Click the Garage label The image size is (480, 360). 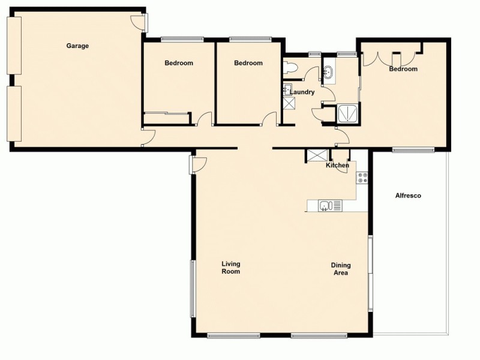(77, 46)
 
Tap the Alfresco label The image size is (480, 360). (408, 196)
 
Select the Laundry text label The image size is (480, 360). (302, 92)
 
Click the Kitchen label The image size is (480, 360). (337, 165)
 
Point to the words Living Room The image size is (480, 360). (230, 268)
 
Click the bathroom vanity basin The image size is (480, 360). (328, 73)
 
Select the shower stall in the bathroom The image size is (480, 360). (348, 113)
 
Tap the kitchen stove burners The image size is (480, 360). (362, 177)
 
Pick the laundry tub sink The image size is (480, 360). (287, 90)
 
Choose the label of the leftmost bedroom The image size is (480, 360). (179, 63)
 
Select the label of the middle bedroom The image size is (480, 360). (248, 63)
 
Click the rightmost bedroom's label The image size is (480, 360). (403, 69)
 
